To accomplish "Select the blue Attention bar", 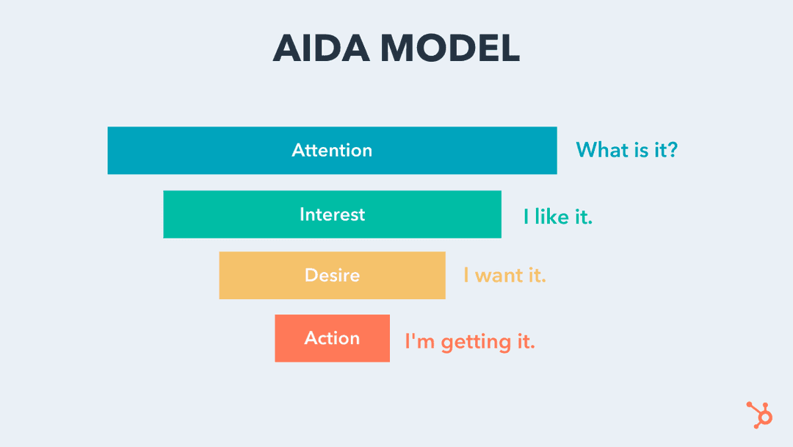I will tap(184, 151).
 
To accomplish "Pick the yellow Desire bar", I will tap(257, 276).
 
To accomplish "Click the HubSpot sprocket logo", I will tap(760, 414).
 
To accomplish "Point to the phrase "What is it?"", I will tap(626, 150).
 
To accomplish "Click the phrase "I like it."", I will tap(557, 217).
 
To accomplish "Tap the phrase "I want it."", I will tap(504, 276).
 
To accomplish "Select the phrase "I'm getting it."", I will tap(470, 341).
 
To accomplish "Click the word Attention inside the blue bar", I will tap(332, 151).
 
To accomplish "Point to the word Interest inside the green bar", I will tap(332, 215).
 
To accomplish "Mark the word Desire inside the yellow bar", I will tap(332, 276).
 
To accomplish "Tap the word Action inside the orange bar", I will tap(332, 338).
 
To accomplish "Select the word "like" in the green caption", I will tap(551, 217).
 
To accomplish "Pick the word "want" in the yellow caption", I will tap(499, 276).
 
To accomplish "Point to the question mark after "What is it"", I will tap(672, 150).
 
